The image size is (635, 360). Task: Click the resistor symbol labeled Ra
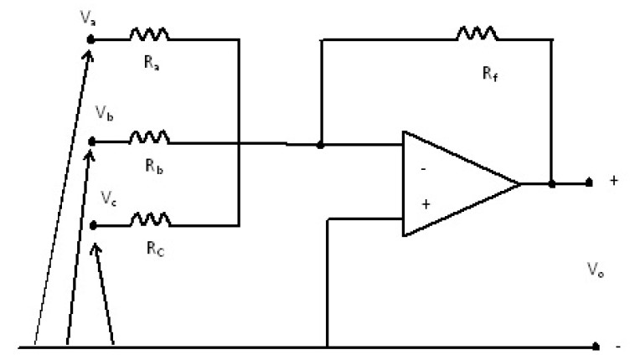[x=149, y=36]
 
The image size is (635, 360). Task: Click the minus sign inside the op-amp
[x=422, y=167]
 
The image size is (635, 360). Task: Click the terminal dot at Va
[x=92, y=39]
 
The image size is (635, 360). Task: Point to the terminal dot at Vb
[x=92, y=141]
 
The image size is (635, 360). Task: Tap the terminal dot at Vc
[x=92, y=225]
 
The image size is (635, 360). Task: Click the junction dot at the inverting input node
[x=321, y=145]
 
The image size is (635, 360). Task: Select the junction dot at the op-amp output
[x=550, y=183]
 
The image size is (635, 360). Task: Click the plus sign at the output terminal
[x=616, y=182]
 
